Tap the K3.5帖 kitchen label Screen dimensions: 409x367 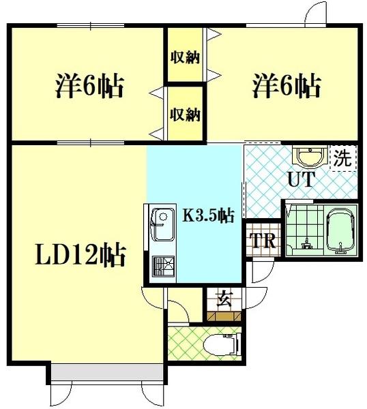pos(209,215)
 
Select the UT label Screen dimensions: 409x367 pos(299,181)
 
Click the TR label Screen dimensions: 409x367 pos(262,241)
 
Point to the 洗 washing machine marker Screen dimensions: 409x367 pos(342,160)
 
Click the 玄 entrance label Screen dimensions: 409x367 pos(222,298)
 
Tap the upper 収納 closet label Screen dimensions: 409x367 pos(185,57)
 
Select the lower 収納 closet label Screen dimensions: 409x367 pos(185,113)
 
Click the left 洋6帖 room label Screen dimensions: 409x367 pos(89,87)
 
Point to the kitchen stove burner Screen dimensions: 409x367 pos(162,264)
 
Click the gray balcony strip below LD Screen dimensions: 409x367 pos(106,374)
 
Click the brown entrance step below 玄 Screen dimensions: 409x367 pos(222,316)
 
